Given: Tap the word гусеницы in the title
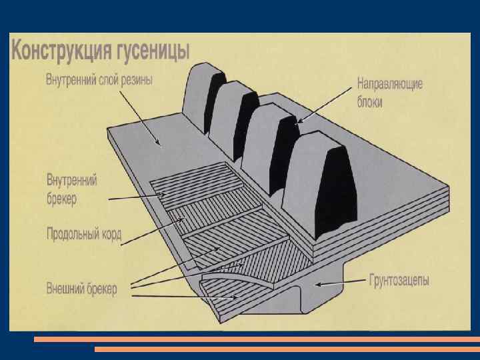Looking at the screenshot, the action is pyautogui.click(x=155, y=51).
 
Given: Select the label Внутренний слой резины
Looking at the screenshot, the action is pyautogui.click(x=99, y=81).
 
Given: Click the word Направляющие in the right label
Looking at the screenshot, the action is pyautogui.click(x=390, y=85).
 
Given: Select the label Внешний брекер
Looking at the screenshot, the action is pyautogui.click(x=81, y=289).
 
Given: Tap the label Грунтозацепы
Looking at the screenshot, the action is pyautogui.click(x=399, y=280).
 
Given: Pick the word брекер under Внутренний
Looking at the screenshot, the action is pyautogui.click(x=61, y=198).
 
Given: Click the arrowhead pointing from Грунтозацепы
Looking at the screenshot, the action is pyautogui.click(x=318, y=285).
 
